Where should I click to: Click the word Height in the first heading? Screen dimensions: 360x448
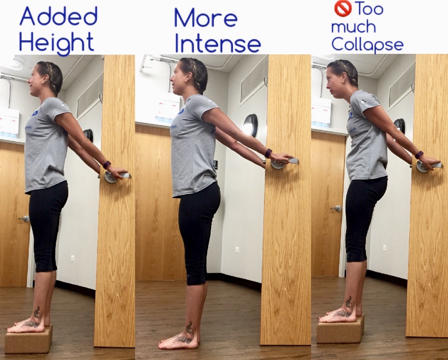pyautogui.click(x=57, y=42)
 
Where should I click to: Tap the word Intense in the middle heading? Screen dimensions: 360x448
pyautogui.click(x=217, y=44)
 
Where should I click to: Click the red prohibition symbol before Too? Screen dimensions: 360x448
pyautogui.click(x=343, y=9)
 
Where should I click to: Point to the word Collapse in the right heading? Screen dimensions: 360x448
pyautogui.click(x=367, y=44)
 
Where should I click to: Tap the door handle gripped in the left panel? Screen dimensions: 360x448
pyautogui.click(x=116, y=176)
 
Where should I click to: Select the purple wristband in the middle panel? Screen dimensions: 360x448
pyautogui.click(x=268, y=153)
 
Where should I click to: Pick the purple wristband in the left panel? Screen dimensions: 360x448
pyautogui.click(x=107, y=165)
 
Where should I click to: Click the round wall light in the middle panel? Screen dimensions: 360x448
pyautogui.click(x=250, y=125)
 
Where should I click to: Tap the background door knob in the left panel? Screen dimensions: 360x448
pyautogui.click(x=25, y=219)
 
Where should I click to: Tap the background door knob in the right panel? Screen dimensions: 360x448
pyautogui.click(x=336, y=208)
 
